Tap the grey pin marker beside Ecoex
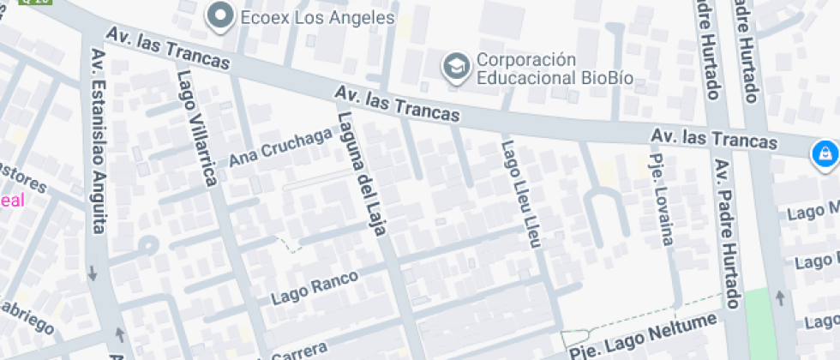[x=222, y=15]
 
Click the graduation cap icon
[x=456, y=66]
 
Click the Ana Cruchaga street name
[x=280, y=147]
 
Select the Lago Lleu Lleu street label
[x=522, y=194]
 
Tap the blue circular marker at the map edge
[x=825, y=154]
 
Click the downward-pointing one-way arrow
[x=92, y=274]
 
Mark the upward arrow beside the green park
[x=780, y=297]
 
